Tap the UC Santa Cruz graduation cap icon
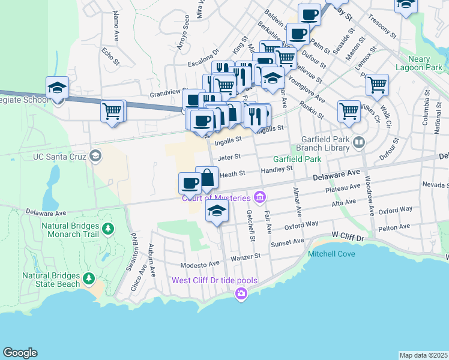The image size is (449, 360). tap(95, 157)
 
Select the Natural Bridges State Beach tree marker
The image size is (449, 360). tap(89, 278)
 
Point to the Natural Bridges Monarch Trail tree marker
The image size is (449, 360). tap(108, 229)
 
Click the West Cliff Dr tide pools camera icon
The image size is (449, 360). tap(241, 293)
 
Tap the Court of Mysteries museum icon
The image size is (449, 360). tap(260, 197)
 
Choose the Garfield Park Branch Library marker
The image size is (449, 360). tap(359, 142)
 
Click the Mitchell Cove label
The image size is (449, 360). tap(331, 254)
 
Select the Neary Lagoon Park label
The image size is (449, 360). tap(411, 64)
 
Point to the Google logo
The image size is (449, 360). tap(20, 353)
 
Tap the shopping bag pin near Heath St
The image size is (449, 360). tap(206, 178)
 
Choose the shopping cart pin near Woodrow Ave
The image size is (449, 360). tap(349, 111)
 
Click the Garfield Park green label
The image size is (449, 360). tap(297, 160)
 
